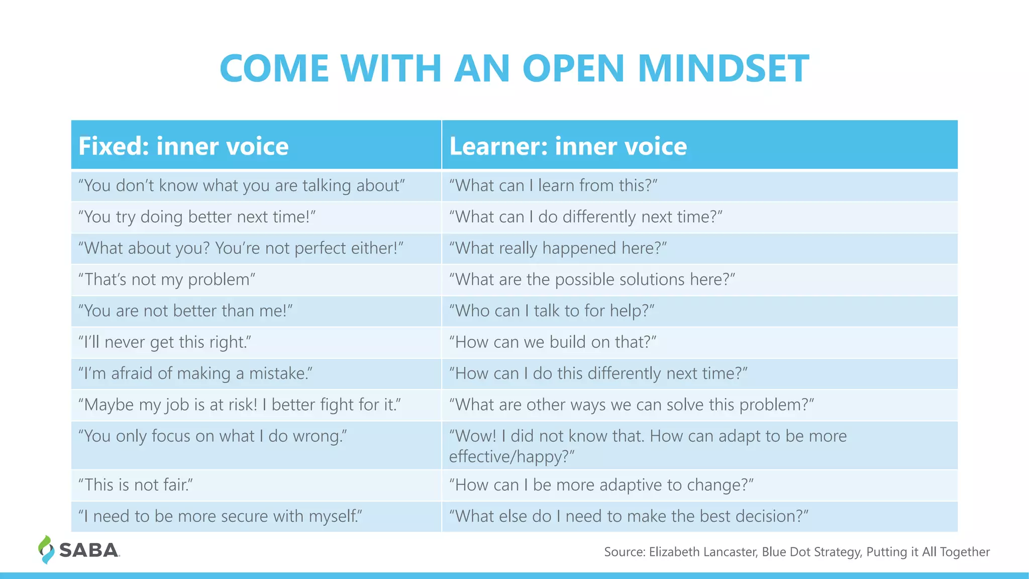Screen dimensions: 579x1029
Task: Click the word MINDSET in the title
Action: click(x=723, y=68)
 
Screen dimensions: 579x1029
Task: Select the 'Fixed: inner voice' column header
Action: click(x=183, y=146)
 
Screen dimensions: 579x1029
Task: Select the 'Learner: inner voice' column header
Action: click(x=568, y=146)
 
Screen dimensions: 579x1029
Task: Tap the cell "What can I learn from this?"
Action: click(x=553, y=185)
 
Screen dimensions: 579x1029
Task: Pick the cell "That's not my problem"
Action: click(x=167, y=279)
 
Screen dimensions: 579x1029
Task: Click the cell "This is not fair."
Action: click(x=136, y=485)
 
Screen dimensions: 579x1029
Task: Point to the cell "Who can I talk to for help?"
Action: click(x=552, y=311)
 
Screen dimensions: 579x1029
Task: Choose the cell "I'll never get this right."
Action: click(x=165, y=342)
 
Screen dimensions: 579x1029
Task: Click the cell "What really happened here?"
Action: click(x=558, y=248)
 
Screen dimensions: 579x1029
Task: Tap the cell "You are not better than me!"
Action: click(x=185, y=311)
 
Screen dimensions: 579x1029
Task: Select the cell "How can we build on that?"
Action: click(x=553, y=342)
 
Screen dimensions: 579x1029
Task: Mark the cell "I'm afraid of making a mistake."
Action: click(x=195, y=373)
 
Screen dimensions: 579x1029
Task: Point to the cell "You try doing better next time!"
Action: click(x=197, y=217)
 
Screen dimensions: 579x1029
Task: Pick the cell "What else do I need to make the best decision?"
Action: click(x=629, y=516)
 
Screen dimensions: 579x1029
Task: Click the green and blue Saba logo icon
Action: click(x=46, y=549)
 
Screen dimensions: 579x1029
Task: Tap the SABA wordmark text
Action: click(x=89, y=550)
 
